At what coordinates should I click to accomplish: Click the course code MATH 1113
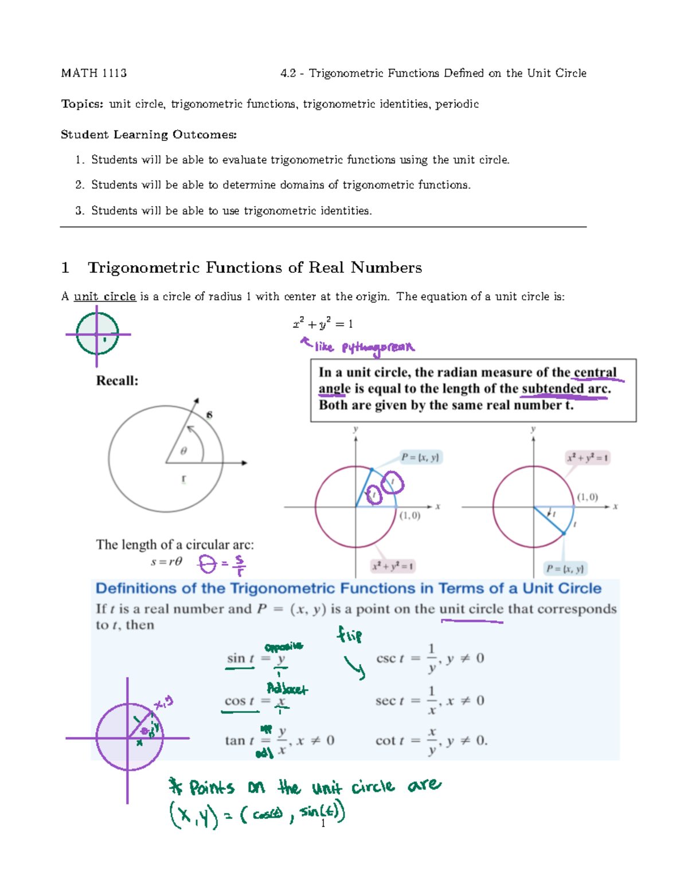tap(94, 73)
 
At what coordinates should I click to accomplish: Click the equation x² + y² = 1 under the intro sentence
tap(323, 324)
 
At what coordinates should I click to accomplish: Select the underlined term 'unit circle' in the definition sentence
tap(105, 297)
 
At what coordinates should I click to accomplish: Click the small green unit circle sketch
tap(97, 334)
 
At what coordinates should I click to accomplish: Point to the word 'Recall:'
tap(117, 381)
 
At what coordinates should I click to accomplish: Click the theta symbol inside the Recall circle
tap(183, 452)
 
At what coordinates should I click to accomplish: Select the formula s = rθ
tap(166, 562)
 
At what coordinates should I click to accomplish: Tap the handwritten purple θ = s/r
tap(221, 564)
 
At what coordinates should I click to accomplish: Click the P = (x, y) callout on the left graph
tap(420, 457)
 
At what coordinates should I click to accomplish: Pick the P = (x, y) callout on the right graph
tap(565, 568)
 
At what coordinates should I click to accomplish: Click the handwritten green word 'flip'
tap(349, 635)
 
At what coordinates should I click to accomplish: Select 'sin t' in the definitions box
tap(240, 658)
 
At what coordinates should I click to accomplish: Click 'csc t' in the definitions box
tap(390, 658)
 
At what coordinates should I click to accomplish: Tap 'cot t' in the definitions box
tap(390, 741)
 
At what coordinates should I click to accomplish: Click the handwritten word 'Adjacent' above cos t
tap(287, 689)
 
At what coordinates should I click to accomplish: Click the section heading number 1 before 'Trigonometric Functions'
tap(65, 268)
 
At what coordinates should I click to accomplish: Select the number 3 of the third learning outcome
tap(79, 211)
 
